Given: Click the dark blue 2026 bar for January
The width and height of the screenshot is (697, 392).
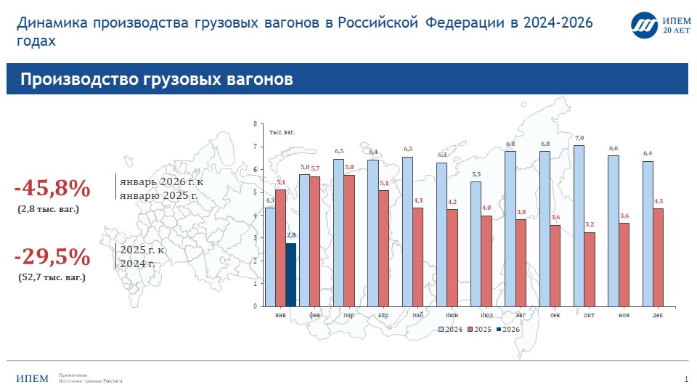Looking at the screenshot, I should [290, 274].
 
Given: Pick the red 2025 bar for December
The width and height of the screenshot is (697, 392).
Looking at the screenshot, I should [658, 257].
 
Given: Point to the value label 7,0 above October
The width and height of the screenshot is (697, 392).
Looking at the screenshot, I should [579, 138].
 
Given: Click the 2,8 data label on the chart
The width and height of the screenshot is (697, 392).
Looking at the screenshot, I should [291, 236].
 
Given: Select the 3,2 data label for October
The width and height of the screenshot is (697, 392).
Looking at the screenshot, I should [590, 225].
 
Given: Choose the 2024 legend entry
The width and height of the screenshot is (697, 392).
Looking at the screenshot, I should [449, 330].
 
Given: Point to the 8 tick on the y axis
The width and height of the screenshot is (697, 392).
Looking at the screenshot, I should [255, 124].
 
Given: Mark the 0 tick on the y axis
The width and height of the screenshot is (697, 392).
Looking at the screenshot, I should [255, 306].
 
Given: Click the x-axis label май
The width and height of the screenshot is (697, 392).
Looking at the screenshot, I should [417, 316].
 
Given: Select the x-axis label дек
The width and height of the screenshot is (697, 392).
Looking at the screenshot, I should [657, 316].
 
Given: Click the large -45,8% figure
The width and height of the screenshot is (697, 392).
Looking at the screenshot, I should [52, 189].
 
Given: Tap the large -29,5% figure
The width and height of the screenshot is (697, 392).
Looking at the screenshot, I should [52, 257].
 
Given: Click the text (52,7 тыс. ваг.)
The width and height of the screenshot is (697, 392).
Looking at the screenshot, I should [52, 277].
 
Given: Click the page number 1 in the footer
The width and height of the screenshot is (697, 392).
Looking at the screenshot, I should [686, 379].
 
